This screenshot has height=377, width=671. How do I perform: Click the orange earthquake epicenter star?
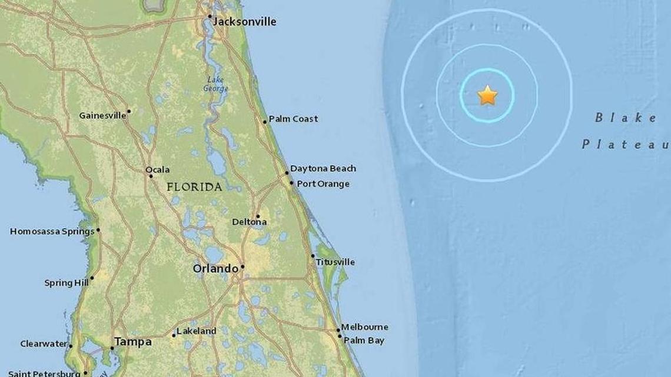487,95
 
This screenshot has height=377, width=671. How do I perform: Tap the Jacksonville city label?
244,22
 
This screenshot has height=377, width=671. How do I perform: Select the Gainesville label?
102,115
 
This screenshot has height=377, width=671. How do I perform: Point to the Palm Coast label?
293,119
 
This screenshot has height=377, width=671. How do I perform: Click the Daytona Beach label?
323,168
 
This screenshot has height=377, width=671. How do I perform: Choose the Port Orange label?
323,184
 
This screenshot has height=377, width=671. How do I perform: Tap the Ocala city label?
158,169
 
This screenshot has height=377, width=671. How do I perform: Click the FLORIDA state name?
194,187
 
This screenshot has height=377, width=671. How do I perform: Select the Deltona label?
249,222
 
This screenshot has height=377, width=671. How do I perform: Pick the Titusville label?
335,262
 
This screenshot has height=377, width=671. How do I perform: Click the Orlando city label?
215,269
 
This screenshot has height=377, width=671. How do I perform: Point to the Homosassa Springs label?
52,232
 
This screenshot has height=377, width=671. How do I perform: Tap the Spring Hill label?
67,283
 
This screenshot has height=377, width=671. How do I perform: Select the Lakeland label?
197,331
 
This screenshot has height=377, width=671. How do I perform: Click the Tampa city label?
132,342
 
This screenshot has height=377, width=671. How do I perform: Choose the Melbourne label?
364,327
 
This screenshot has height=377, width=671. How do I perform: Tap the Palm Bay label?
364,340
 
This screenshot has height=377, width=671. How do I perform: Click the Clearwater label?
44,343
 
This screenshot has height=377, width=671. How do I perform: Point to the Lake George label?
215,84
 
